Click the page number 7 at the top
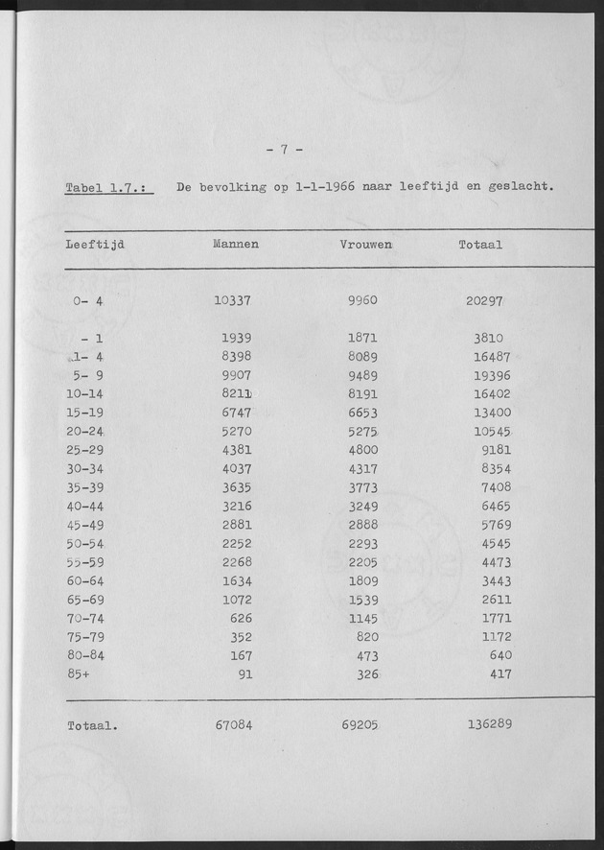point(284,149)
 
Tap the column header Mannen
point(235,245)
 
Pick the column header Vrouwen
point(365,245)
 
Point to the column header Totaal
point(480,245)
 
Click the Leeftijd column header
point(96,245)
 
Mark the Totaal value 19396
point(492,375)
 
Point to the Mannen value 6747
point(238,412)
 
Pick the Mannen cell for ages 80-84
point(244,655)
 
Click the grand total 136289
point(489,724)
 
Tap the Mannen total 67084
point(234,724)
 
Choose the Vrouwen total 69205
point(360,724)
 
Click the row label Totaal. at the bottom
point(92,726)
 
